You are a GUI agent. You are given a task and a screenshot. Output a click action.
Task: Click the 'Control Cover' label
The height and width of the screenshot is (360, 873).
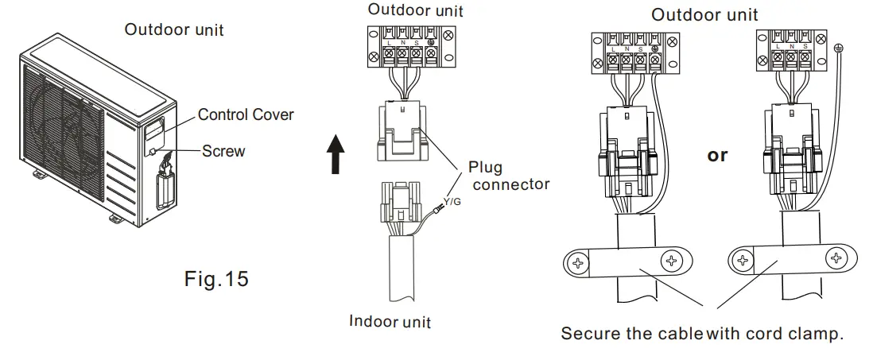246,114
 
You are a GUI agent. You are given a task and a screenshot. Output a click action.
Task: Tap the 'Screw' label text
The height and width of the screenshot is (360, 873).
223,150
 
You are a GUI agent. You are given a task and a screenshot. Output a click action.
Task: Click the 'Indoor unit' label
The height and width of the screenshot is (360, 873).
390,322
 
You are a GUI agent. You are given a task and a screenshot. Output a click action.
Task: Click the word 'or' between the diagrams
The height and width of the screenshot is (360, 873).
717,155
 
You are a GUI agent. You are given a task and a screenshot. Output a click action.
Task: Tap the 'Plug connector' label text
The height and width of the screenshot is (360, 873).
508,176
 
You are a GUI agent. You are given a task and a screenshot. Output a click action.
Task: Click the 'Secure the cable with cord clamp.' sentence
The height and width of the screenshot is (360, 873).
702,334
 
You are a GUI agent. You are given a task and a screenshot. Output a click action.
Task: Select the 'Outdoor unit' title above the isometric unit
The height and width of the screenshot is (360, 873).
174,30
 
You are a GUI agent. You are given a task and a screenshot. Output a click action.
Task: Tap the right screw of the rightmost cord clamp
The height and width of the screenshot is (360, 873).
836,257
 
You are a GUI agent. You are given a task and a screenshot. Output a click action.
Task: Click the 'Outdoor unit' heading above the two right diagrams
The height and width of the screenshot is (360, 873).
704,14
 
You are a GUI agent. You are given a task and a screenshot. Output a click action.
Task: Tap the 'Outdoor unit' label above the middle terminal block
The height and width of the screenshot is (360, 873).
415,10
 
